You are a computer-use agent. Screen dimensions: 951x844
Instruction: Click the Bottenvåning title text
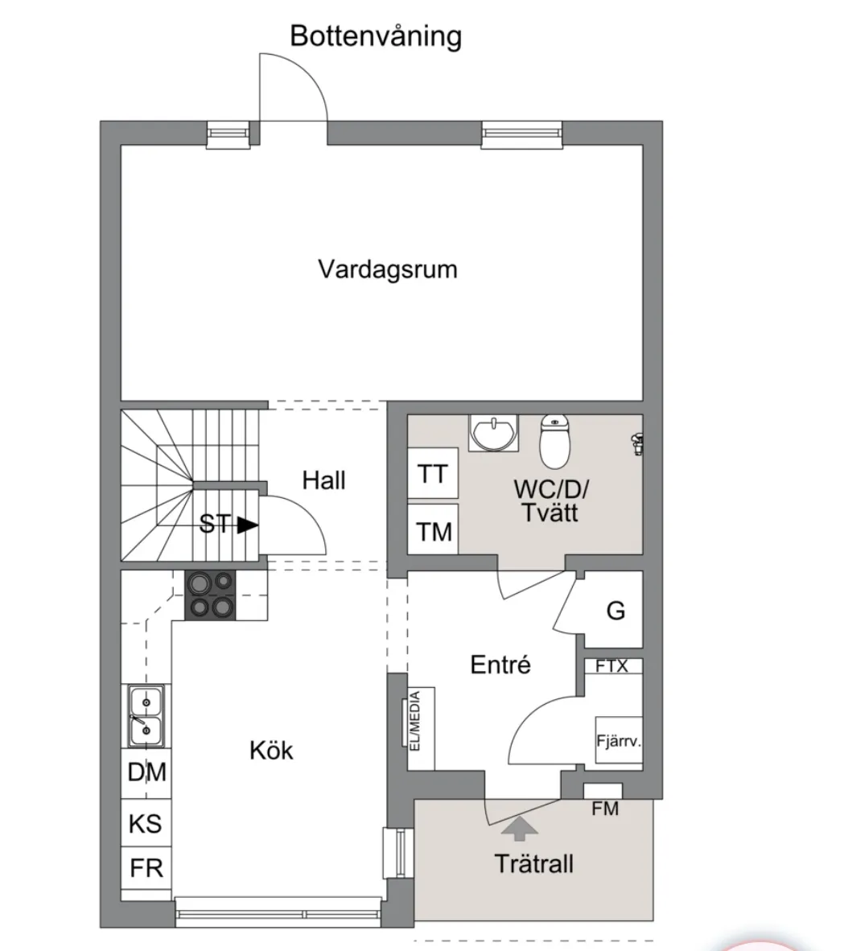[x=376, y=36]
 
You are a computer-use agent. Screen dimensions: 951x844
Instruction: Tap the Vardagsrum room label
[x=387, y=269]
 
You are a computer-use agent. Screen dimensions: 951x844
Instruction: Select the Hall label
[x=323, y=480]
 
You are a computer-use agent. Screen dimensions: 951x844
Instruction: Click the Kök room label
[x=271, y=751]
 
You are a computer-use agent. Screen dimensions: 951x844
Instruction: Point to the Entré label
[x=500, y=665]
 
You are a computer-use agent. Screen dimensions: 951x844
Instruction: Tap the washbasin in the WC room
[x=492, y=434]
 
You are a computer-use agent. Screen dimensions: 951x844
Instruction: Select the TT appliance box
[x=433, y=474]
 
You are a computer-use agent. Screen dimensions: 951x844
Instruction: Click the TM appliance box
[x=433, y=531]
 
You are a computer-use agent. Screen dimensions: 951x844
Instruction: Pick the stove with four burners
[x=211, y=595]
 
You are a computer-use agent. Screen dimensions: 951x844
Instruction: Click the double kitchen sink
[x=146, y=717]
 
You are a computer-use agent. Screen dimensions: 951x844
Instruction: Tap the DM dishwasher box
[x=146, y=772]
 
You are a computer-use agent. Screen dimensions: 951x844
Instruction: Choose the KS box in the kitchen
[x=146, y=824]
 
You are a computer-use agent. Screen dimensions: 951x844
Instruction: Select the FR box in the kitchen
[x=146, y=868]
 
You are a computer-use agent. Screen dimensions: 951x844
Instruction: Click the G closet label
[x=616, y=611]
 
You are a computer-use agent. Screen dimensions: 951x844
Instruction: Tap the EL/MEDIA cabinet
[x=421, y=728]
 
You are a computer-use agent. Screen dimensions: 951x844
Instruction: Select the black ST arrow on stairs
[x=247, y=525]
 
